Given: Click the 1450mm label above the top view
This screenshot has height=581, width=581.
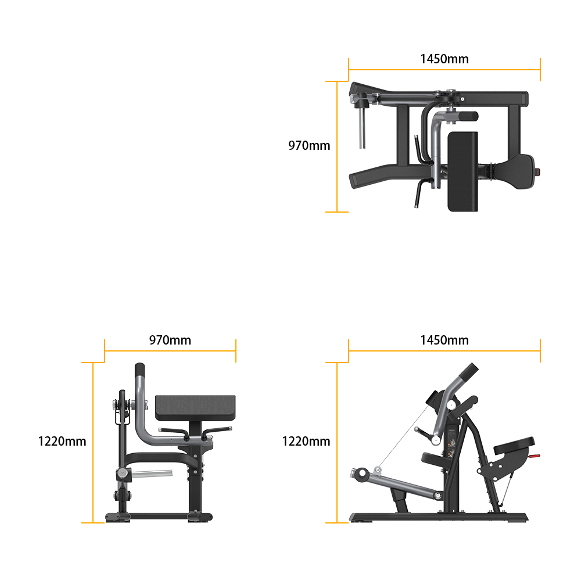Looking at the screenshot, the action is click(444, 59).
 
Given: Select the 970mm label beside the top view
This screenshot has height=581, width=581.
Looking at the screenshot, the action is click(309, 145).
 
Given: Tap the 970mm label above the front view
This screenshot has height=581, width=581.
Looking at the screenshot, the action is click(170, 340).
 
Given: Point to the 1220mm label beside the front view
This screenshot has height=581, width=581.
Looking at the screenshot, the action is click(62, 442).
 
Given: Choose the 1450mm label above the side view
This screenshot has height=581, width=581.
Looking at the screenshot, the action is click(444, 340).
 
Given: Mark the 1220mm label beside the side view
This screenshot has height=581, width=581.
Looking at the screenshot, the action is click(306, 442).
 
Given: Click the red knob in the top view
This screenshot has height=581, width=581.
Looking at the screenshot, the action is click(537, 172).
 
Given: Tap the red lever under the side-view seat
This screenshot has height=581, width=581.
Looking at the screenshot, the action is click(534, 456).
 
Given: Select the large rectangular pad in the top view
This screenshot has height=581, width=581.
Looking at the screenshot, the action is click(463, 171).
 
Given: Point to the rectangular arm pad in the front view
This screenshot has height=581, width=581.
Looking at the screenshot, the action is click(195, 408).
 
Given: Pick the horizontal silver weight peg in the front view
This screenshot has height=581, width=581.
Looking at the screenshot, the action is click(152, 474).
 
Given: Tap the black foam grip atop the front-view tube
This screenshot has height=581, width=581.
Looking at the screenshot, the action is click(139, 370).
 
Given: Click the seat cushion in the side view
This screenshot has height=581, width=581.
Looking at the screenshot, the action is click(514, 445).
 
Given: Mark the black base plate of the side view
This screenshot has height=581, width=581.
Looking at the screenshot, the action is click(439, 517).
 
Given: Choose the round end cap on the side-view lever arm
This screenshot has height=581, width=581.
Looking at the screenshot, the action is click(361, 474).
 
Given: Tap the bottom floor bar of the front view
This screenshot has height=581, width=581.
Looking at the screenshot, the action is click(159, 516).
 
